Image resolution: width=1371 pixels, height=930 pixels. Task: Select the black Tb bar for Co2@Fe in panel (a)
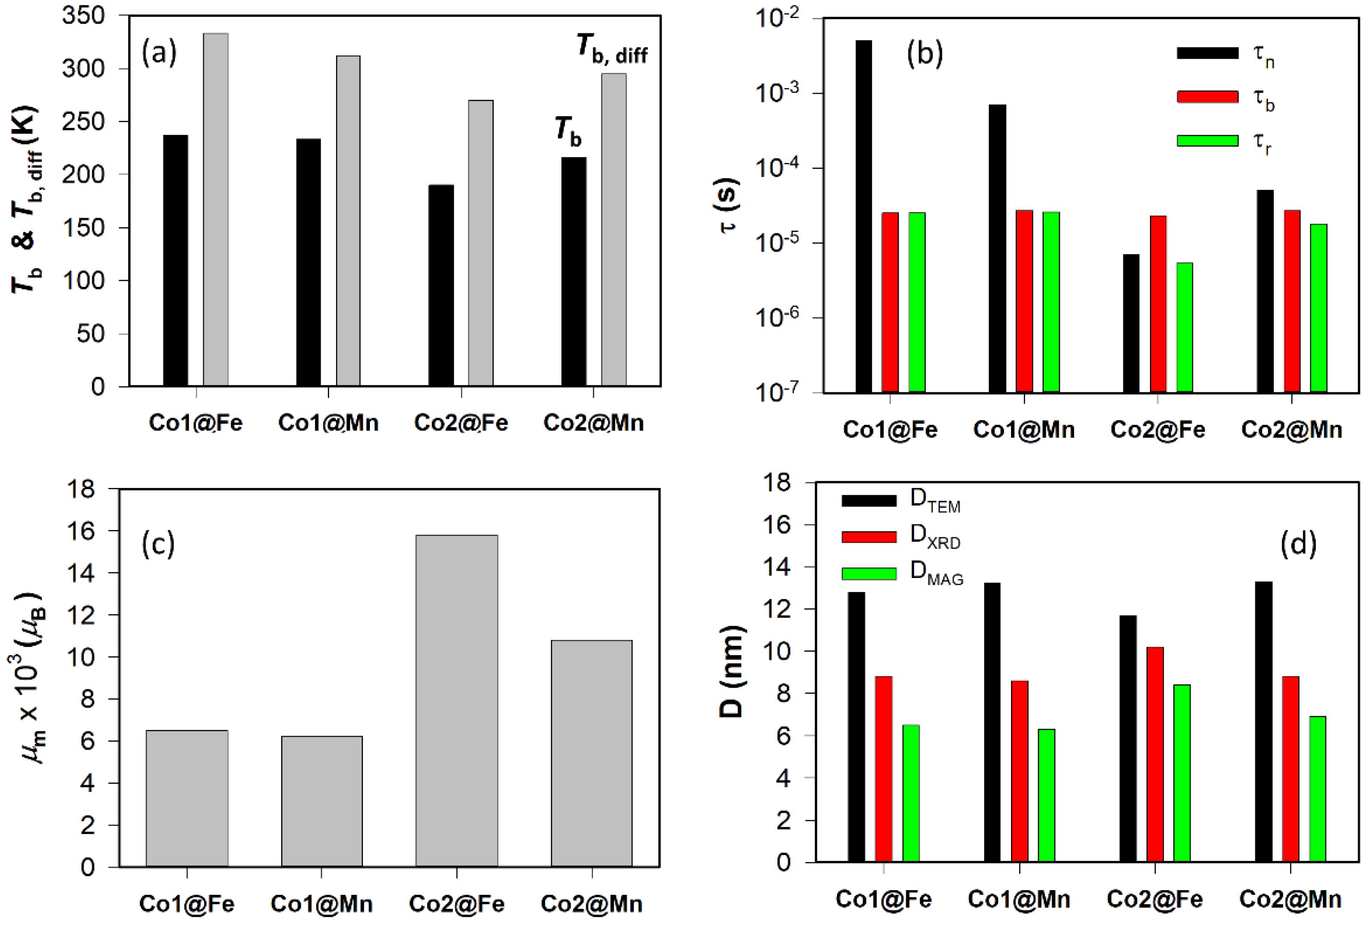[441, 286]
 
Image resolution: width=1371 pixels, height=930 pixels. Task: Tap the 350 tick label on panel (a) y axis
[83, 15]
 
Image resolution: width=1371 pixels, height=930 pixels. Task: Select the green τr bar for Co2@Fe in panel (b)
[1185, 328]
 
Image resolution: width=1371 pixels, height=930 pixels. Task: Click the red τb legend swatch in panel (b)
[1207, 97]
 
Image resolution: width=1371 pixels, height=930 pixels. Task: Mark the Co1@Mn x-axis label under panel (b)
[1023, 429]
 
